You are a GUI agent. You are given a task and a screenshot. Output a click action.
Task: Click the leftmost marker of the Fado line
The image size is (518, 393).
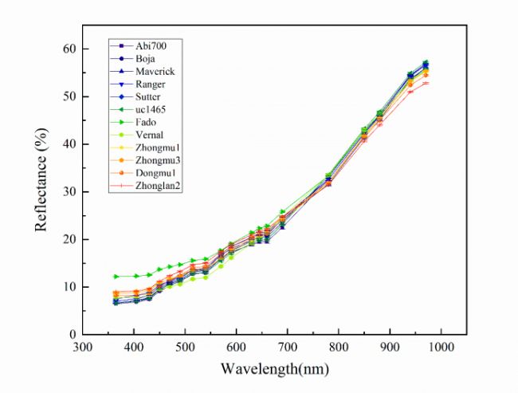(x=116, y=276)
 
